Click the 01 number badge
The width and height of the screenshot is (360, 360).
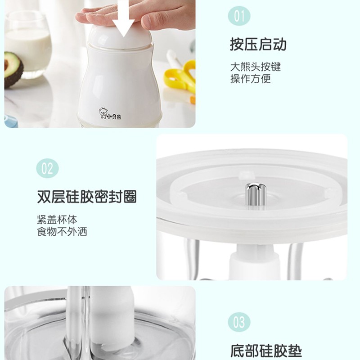(x=239, y=16)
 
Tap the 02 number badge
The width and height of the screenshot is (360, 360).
(x=48, y=168)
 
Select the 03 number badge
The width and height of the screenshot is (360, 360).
(x=239, y=322)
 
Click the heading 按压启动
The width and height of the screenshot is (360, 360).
(x=258, y=44)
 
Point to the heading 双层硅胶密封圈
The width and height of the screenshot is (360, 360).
(x=87, y=197)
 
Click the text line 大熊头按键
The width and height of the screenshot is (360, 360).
(x=256, y=67)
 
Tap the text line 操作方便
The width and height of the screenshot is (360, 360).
(x=251, y=79)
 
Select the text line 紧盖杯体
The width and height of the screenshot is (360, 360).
(x=57, y=220)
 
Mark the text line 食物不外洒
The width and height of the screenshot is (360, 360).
(x=62, y=232)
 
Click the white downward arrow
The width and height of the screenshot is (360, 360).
(x=123, y=18)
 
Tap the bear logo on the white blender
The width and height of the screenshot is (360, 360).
(x=103, y=113)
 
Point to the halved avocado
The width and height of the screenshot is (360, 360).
(x=13, y=69)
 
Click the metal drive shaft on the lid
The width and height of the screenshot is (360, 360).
(x=255, y=196)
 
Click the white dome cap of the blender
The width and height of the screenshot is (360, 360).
(x=120, y=37)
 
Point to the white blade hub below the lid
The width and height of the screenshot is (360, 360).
(x=255, y=262)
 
